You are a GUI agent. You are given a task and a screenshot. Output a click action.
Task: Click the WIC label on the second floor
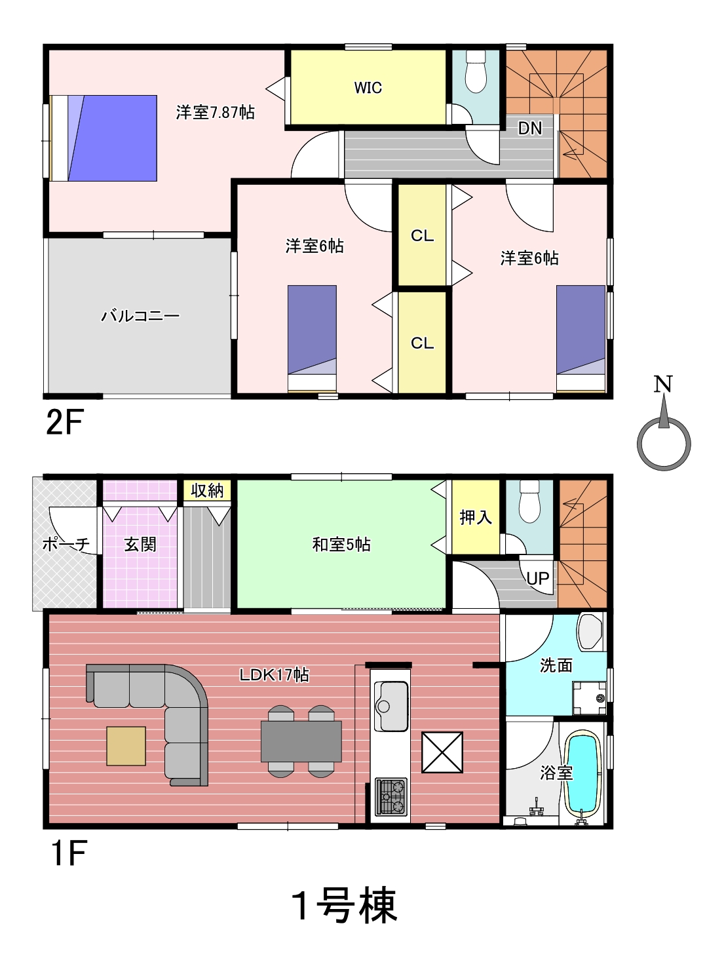coord(368,88)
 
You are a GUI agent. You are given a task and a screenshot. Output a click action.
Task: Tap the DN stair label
coord(529,128)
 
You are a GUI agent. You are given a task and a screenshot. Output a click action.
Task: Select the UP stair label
coord(538,578)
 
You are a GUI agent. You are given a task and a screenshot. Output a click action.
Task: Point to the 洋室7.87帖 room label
coord(215,113)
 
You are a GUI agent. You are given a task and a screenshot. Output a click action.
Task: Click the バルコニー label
coord(141,316)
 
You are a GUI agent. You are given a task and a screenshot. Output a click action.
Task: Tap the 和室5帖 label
coord(341,545)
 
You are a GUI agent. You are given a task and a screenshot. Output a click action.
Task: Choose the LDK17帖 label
coord(274,675)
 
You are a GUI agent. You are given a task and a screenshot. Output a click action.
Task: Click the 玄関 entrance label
coord(140,545)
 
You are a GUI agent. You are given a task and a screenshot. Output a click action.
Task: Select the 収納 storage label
coord(207,490)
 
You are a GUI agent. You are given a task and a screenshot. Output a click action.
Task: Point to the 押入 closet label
coord(476,517)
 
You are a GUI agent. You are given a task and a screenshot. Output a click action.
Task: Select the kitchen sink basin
coord(391,706)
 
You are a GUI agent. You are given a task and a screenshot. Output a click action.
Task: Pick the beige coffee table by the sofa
coord(126,746)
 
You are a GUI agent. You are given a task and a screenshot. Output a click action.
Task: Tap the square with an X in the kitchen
coord(442,752)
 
